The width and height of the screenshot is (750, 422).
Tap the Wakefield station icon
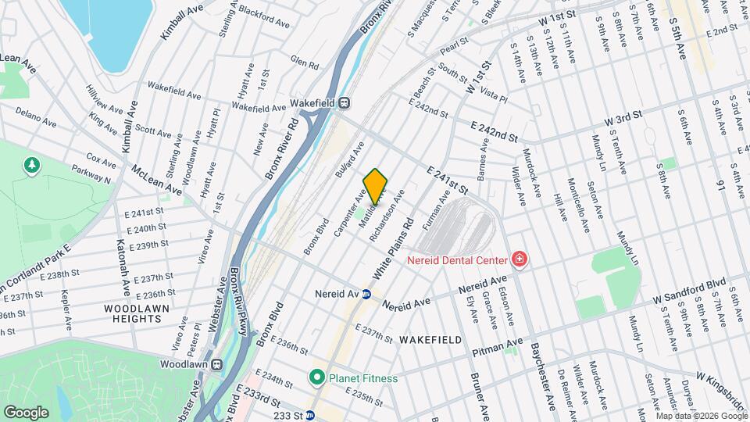344,102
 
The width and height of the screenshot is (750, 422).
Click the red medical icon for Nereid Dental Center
518,258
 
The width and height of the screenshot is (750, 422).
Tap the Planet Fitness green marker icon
316,378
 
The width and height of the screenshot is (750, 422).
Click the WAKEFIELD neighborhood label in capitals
430,340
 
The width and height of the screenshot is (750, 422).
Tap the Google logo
27,411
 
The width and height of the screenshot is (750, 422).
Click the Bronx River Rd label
282,148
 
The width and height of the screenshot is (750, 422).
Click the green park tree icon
32,166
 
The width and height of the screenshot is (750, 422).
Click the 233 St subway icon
309,416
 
